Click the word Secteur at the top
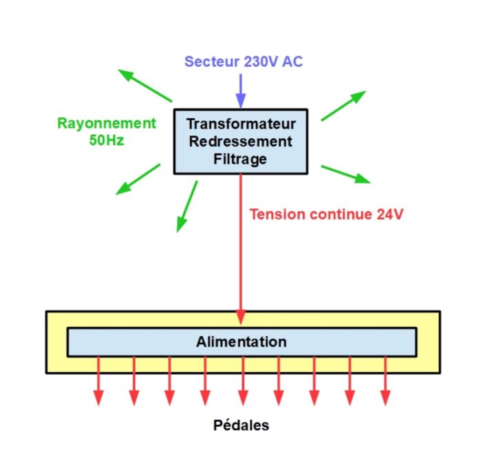[212, 61]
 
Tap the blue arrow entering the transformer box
[241, 91]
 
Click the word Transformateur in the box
[241, 124]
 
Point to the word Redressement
[241, 142]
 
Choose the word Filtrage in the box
[240, 160]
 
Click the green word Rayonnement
[106, 124]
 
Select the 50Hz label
[106, 140]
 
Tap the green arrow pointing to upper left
[145, 86]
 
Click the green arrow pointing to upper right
[344, 106]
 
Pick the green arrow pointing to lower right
[346, 175]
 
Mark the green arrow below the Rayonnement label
[138, 179]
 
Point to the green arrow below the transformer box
[187, 206]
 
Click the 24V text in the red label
[390, 214]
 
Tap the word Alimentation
[241, 342]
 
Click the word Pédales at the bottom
[241, 425]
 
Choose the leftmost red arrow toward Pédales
[98, 381]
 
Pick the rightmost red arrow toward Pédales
[385, 381]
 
